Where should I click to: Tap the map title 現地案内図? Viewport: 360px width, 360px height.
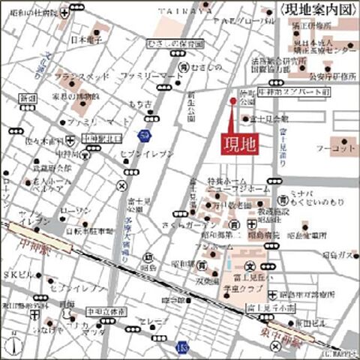(319, 9)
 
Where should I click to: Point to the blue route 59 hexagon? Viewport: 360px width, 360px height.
(142, 134)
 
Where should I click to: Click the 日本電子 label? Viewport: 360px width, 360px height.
(85, 39)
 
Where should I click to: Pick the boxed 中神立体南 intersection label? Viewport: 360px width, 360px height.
(105, 309)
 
